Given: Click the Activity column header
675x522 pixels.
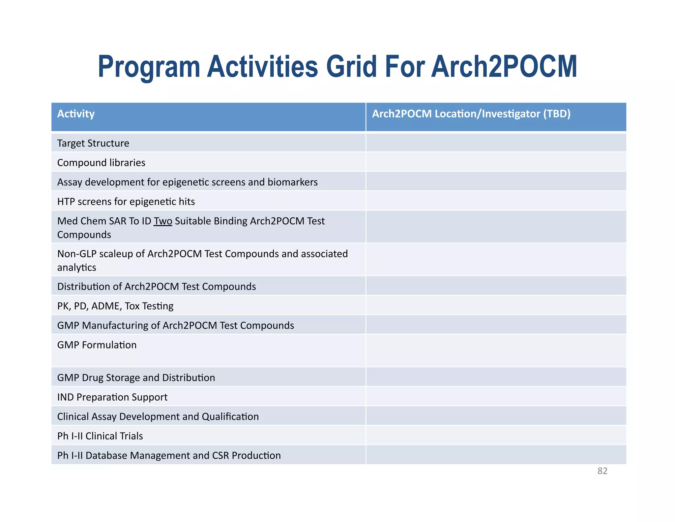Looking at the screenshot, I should click(76, 114).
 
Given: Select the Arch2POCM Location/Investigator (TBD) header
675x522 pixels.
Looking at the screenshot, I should click(471, 114).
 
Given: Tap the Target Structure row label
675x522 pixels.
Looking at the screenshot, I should click(93, 143).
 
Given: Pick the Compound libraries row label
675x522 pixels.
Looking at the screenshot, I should click(101, 163).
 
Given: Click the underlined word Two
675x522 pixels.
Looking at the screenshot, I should click(163, 221).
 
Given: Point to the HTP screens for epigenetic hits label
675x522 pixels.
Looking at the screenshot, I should click(126, 202).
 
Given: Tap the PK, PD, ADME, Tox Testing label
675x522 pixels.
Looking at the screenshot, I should click(115, 306).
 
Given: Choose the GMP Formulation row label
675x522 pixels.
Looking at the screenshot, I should click(97, 345).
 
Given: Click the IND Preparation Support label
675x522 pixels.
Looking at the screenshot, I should click(112, 397).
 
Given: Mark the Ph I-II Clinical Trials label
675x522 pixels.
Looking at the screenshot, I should click(100, 436).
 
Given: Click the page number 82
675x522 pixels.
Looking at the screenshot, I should click(602, 471).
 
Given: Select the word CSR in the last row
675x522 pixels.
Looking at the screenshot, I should click(220, 456).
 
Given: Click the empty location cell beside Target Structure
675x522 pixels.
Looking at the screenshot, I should click(496, 143).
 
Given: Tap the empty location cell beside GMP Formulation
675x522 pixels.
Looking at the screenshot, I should click(496, 350).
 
